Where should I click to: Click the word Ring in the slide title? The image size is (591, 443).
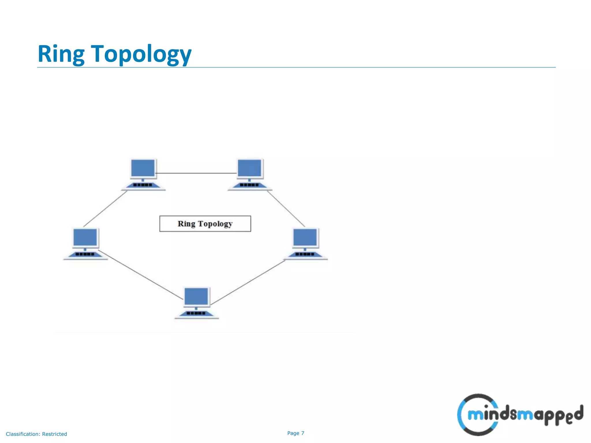click(x=61, y=54)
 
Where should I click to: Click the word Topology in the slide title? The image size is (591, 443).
click(x=141, y=54)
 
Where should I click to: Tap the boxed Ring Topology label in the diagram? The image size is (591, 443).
click(x=205, y=224)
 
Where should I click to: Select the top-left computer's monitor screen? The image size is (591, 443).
click(x=143, y=168)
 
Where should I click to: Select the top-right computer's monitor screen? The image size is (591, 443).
click(x=249, y=168)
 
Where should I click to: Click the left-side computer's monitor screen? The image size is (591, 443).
click(x=85, y=237)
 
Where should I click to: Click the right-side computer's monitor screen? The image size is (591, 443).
click(x=305, y=237)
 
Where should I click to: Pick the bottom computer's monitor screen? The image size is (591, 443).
click(x=196, y=296)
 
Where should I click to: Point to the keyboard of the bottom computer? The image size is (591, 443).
click(x=196, y=313)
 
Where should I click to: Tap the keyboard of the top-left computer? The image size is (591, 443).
click(x=143, y=185)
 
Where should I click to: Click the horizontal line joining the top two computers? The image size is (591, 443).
click(x=196, y=173)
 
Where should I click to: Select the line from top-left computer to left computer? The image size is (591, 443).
click(x=105, y=208)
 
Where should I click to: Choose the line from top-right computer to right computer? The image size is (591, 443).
click(x=286, y=208)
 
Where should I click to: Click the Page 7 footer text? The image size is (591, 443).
click(x=295, y=433)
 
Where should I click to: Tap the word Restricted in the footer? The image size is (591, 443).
click(x=54, y=434)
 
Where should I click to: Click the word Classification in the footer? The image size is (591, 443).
click(x=23, y=434)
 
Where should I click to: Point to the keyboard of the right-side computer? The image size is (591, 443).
click(x=305, y=254)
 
